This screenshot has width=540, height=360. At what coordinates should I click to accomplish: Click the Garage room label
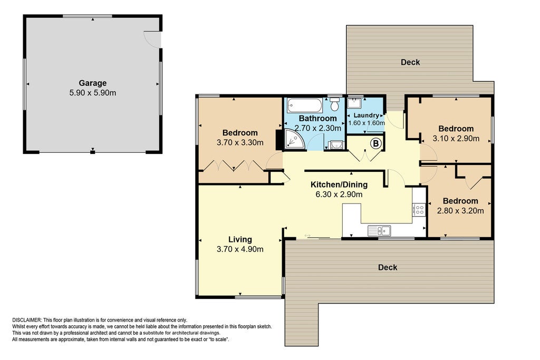pyautogui.click(x=93, y=83)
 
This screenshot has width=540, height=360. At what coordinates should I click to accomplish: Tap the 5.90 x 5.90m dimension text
pyautogui.click(x=93, y=93)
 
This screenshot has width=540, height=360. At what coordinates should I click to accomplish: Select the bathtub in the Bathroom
pyautogui.click(x=305, y=105)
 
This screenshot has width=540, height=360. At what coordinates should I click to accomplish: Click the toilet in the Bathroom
pyautogui.click(x=334, y=104)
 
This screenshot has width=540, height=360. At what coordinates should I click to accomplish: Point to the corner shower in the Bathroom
pyautogui.click(x=294, y=140)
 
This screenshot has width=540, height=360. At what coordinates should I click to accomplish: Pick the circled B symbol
pyautogui.click(x=376, y=143)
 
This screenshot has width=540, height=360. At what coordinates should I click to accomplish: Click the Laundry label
pyautogui.click(x=366, y=115)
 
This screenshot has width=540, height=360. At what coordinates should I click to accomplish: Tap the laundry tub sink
pyautogui.click(x=354, y=103)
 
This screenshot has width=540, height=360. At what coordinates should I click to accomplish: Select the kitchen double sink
pyautogui.click(x=379, y=230)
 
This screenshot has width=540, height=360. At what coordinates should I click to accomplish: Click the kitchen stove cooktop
pyautogui.click(x=419, y=210)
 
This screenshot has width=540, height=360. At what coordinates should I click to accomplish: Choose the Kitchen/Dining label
pyautogui.click(x=339, y=184)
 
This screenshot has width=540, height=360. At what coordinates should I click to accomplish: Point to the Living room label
pyautogui.click(x=240, y=239)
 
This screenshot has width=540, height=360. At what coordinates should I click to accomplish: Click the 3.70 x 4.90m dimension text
pyautogui.click(x=240, y=249)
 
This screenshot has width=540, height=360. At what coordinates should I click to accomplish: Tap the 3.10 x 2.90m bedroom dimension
pyautogui.click(x=456, y=139)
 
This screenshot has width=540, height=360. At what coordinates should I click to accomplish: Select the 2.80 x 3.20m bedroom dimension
pyautogui.click(x=460, y=211)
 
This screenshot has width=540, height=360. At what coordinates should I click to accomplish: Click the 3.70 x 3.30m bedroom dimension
pyautogui.click(x=240, y=142)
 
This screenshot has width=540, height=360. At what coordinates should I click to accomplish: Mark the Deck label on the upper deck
pyautogui.click(x=410, y=62)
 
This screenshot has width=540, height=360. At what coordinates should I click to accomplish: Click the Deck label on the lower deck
pyautogui.click(x=388, y=267)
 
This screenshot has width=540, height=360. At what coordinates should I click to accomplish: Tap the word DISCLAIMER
pyautogui.click(x=27, y=320)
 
